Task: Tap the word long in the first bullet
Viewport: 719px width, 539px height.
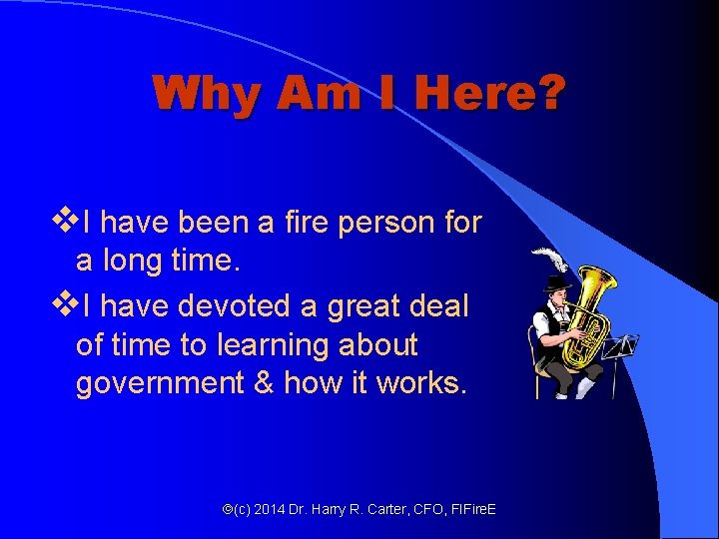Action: click(x=127, y=263)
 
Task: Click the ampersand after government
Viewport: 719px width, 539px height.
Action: click(x=265, y=384)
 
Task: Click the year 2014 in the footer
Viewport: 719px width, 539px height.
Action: click(x=268, y=510)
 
